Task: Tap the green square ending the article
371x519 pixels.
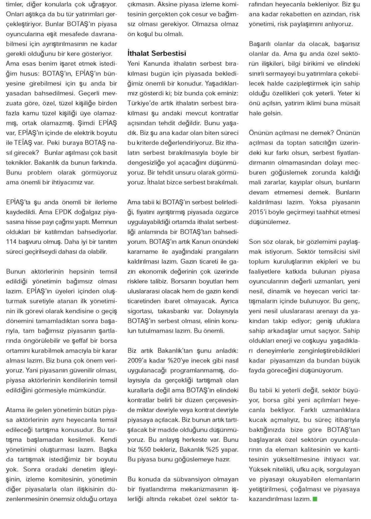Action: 315,499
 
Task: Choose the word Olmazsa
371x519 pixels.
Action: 204,24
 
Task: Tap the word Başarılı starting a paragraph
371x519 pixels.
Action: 260,44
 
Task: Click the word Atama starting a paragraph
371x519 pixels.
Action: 15,410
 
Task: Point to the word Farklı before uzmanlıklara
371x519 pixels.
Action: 310,410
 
